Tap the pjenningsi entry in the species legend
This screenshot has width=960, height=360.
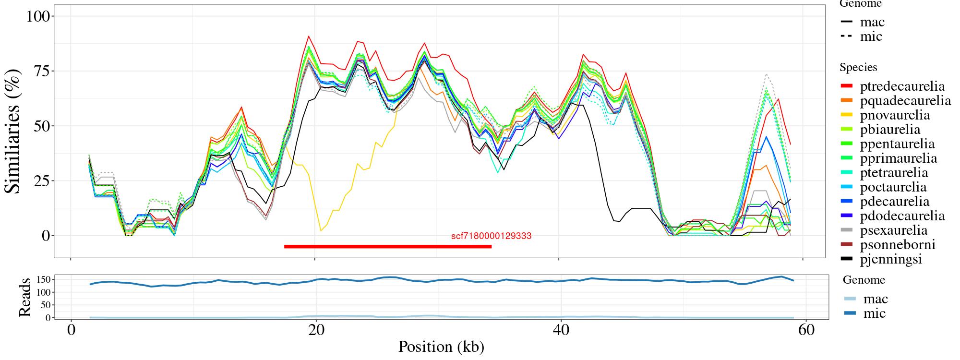[891, 260]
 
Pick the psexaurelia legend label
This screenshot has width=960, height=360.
[893, 230]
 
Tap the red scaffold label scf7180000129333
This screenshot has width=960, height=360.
[491, 236]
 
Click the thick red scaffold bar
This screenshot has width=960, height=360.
[387, 247]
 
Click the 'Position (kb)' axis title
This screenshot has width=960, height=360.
[441, 347]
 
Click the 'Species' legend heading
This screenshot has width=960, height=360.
[858, 67]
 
